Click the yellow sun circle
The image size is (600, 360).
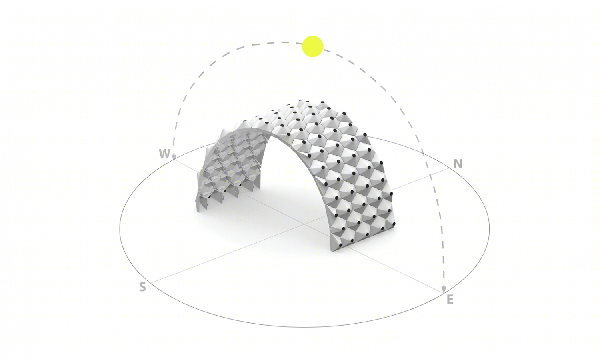click(x=312, y=46)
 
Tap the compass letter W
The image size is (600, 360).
click(x=165, y=154)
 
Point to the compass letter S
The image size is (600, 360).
click(x=142, y=287)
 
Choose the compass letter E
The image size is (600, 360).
click(x=450, y=299)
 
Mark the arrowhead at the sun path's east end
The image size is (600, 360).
click(x=444, y=289)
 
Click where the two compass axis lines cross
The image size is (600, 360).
click(x=304, y=223)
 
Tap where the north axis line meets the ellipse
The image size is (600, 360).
click(x=450, y=168)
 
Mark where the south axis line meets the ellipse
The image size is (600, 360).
click(x=151, y=283)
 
